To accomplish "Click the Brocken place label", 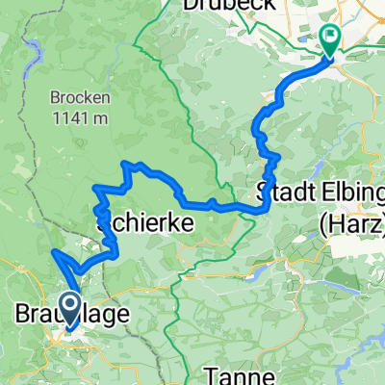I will coord(77,98).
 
